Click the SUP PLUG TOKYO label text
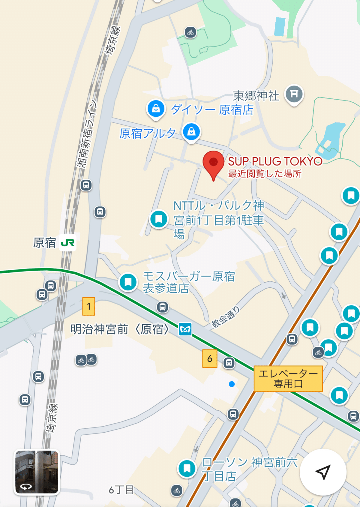pyautogui.click(x=275, y=161)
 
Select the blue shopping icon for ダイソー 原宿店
pyautogui.click(x=156, y=109)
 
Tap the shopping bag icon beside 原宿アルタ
pyautogui.click(x=191, y=132)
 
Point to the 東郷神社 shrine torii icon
pyautogui.click(x=294, y=94)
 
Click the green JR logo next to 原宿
pyautogui.click(x=67, y=242)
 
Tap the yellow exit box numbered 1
pyautogui.click(x=89, y=306)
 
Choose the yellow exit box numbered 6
pyautogui.click(x=210, y=358)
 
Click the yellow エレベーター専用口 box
pyautogui.click(x=288, y=379)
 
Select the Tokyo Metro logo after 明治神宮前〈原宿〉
pyautogui.click(x=185, y=329)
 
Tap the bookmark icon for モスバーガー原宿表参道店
pyautogui.click(x=128, y=282)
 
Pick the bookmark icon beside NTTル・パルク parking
pyautogui.click(x=159, y=219)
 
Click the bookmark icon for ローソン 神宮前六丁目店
pyautogui.click(x=187, y=468)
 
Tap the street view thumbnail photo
pyautogui.click(x=37, y=472)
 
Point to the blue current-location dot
pyautogui.click(x=232, y=384)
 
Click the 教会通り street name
pyautogui.click(x=225, y=317)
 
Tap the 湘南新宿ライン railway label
pyautogui.click(x=87, y=133)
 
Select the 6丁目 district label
pyautogui.click(x=121, y=490)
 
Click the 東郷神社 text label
pyautogui.click(x=256, y=96)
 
